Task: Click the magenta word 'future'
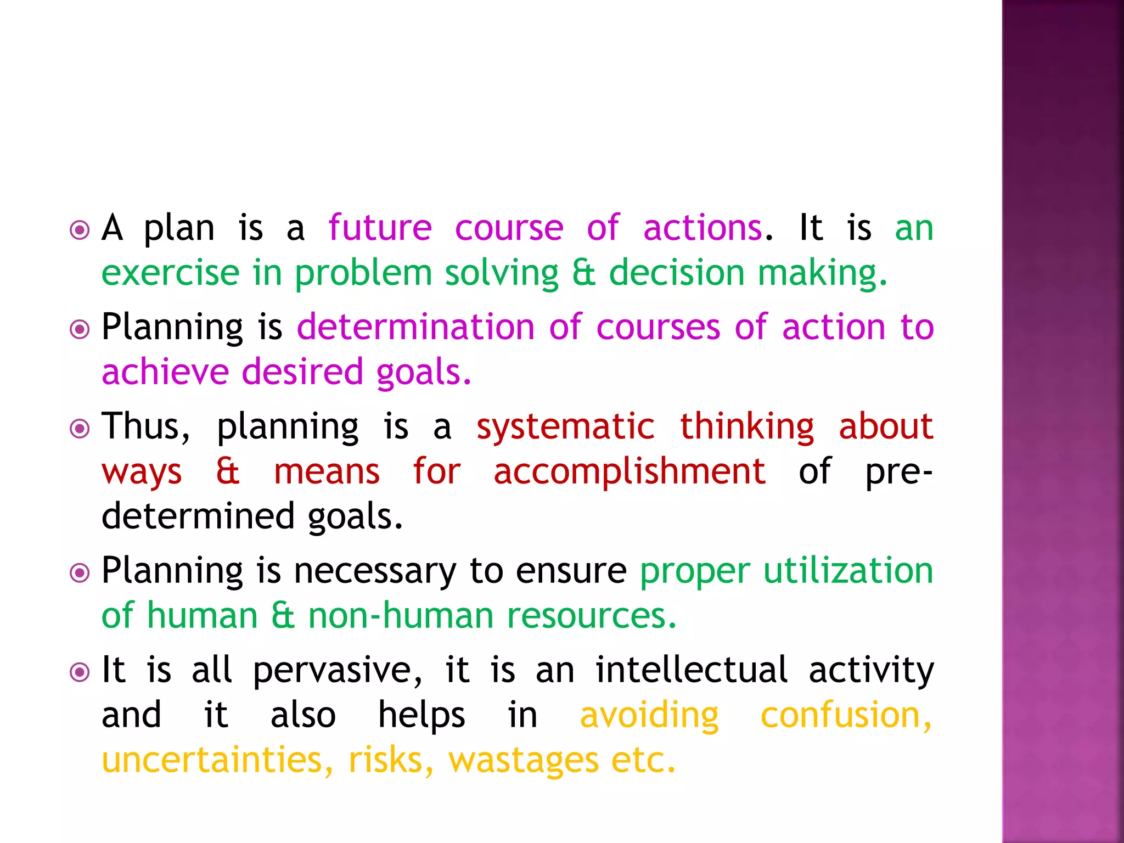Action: coord(380,228)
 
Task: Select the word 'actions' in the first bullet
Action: coord(702,228)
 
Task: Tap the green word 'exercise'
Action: coord(170,273)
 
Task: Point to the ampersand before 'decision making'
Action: coord(583,273)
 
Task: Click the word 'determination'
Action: coord(415,327)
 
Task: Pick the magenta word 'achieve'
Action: coord(165,372)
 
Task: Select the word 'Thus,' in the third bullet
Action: coord(146,426)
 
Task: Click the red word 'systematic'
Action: coord(565,426)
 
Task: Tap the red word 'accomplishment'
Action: coord(629,471)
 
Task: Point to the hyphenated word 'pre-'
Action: coord(898,473)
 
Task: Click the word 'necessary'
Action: coord(374,571)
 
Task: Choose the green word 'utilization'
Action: coord(848,571)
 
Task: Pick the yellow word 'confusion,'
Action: coord(846,715)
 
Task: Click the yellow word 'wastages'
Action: coord(523,761)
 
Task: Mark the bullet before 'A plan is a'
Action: coord(80,230)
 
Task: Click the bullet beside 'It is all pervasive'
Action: coord(80,672)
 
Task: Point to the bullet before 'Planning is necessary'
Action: coord(80,573)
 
